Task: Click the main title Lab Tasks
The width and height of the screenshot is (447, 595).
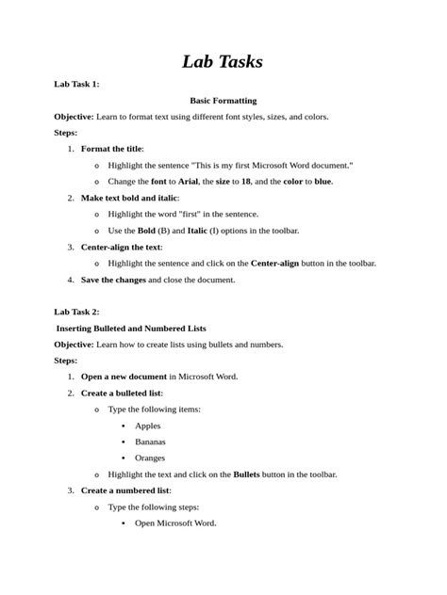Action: click(x=223, y=62)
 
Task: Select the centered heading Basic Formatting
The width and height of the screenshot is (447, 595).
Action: click(x=223, y=100)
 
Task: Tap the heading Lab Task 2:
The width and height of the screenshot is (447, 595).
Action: click(x=77, y=311)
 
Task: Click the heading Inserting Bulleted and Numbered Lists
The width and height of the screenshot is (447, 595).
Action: click(x=131, y=328)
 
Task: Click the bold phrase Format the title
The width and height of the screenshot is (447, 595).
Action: click(x=111, y=149)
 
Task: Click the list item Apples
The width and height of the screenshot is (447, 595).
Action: click(x=148, y=426)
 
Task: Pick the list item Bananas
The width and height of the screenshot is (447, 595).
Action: click(x=151, y=442)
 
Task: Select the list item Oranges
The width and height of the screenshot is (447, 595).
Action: click(x=150, y=458)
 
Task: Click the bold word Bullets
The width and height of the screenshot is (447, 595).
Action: click(x=247, y=474)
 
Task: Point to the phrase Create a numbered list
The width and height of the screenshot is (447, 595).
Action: click(x=124, y=490)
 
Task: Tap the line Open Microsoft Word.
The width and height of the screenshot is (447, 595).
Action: click(x=175, y=523)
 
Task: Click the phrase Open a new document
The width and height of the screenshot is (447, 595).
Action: click(x=124, y=377)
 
